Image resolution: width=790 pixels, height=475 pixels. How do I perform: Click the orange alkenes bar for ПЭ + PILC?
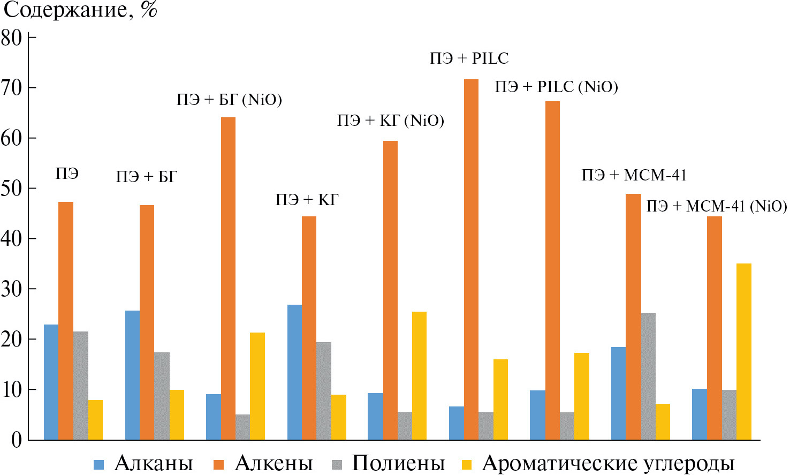(471, 260)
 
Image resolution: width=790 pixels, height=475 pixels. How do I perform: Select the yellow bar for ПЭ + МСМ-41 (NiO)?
(743, 351)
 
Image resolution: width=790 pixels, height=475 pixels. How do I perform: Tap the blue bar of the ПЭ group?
(51, 382)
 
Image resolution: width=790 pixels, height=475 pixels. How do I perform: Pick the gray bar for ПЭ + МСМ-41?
(648, 376)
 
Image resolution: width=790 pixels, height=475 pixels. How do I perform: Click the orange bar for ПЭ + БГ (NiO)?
(228, 278)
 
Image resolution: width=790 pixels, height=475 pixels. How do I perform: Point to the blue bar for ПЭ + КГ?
(294, 372)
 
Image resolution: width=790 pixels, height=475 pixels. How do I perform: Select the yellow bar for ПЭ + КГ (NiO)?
(419, 375)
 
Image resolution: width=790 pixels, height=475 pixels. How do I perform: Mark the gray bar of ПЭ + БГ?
(162, 396)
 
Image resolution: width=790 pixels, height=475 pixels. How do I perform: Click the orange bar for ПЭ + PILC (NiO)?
(552, 270)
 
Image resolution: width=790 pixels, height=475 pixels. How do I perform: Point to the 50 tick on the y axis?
(11, 189)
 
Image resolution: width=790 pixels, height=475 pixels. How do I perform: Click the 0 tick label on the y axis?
(16, 440)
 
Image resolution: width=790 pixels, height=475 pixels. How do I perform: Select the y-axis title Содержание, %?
(80, 10)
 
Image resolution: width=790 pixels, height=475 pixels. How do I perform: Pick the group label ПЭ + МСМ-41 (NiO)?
(716, 207)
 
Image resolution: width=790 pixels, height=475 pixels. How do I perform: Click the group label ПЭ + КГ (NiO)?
(390, 121)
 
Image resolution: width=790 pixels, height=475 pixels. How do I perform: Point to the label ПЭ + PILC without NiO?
(469, 58)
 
